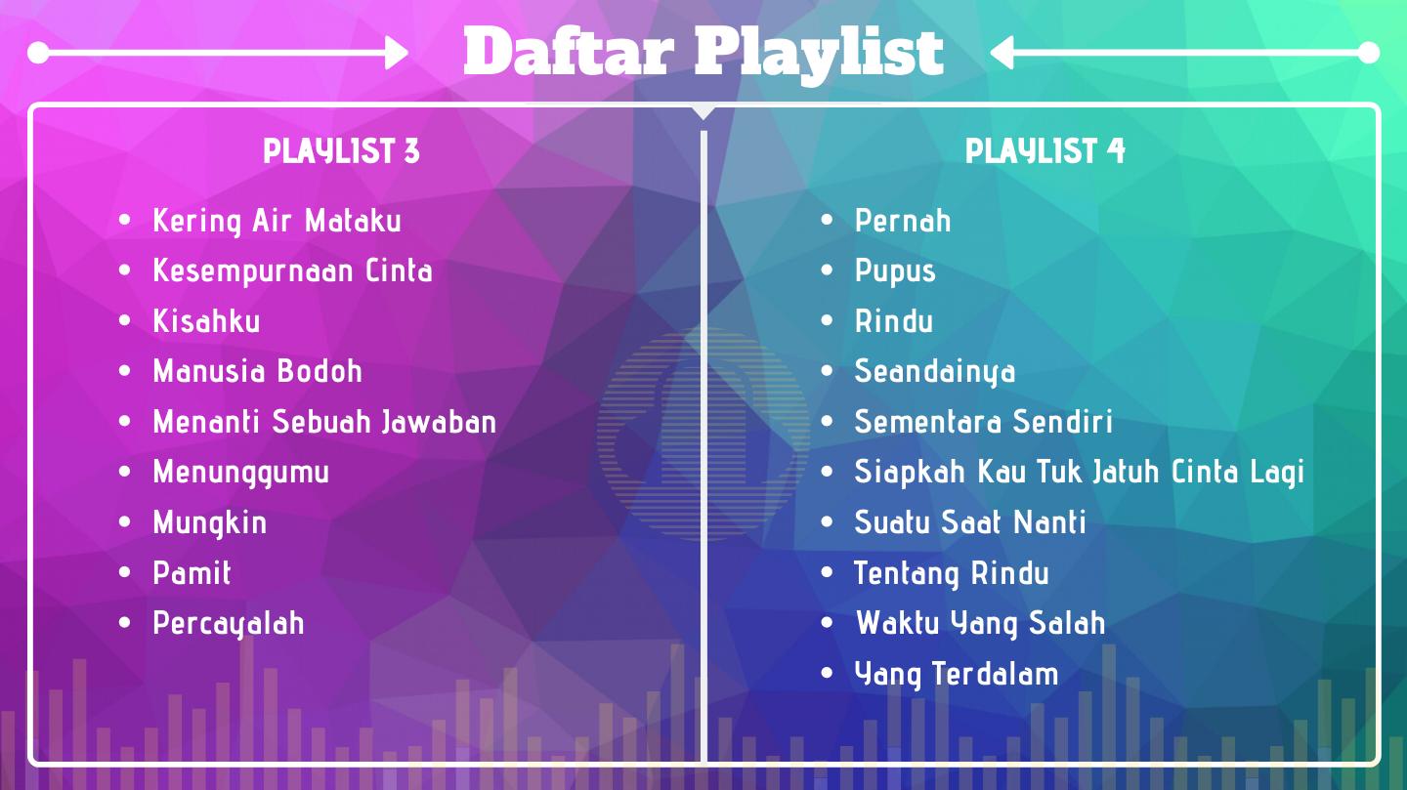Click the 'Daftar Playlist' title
(x=703, y=53)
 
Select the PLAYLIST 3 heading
(x=341, y=151)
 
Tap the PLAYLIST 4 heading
(x=1045, y=151)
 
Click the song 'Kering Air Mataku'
(x=277, y=222)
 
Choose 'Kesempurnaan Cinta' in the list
(x=293, y=271)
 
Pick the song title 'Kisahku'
(x=207, y=321)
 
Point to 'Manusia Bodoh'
(x=258, y=371)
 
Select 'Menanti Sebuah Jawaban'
(x=324, y=422)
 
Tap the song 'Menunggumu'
(x=241, y=473)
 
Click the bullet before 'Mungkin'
(x=124, y=521)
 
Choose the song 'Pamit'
(x=192, y=572)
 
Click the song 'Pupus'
(x=895, y=271)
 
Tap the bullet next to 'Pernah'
(x=827, y=220)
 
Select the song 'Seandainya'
(x=935, y=372)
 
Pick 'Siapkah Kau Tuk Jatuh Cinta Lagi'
(x=1079, y=473)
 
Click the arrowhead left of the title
(x=397, y=53)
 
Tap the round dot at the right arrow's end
(x=1368, y=53)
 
